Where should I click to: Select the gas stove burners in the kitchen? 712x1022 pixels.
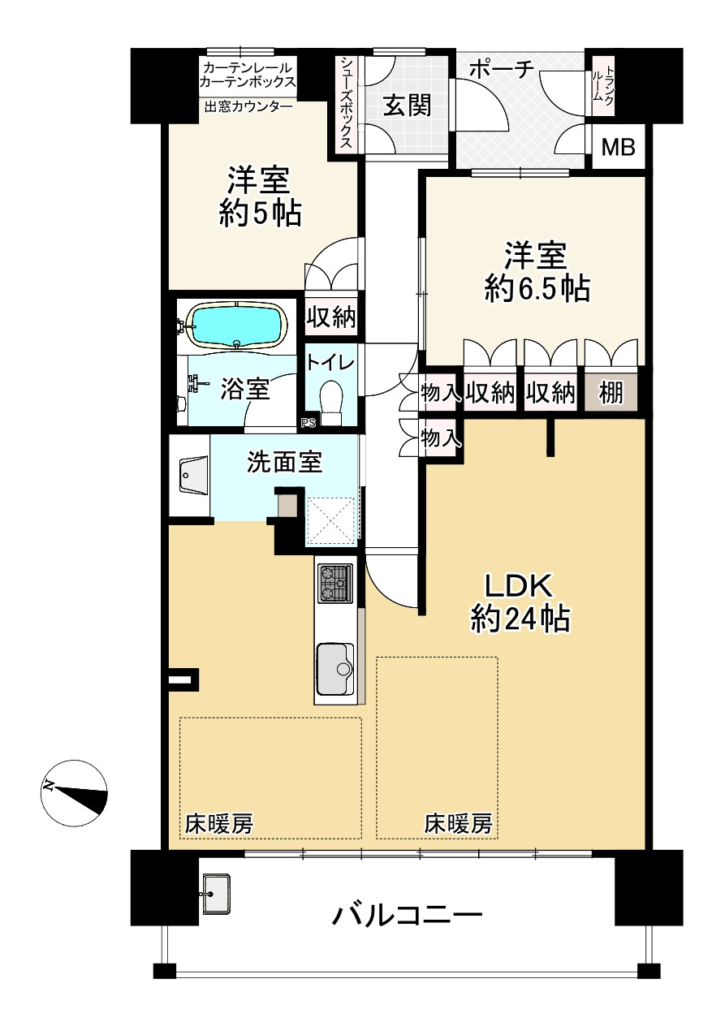point(335,583)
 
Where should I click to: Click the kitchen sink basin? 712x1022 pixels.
point(334,668)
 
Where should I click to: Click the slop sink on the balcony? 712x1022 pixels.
point(215,894)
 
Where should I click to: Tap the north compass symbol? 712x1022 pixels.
point(75,792)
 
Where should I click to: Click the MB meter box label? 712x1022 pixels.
point(618,148)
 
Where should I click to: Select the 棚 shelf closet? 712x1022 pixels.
point(611,394)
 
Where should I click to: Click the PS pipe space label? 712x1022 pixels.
point(308,422)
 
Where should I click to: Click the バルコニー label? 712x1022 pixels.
point(407,916)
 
